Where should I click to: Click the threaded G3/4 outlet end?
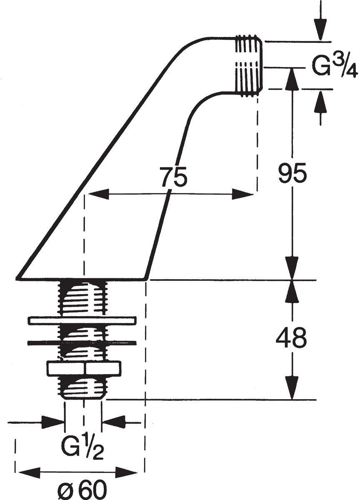coord(249,66)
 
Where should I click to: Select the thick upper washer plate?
coord(82,321)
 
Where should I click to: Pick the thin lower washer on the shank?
coord(82,342)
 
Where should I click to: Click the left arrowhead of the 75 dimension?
coord(99,195)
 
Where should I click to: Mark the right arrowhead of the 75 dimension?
coord(243,195)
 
